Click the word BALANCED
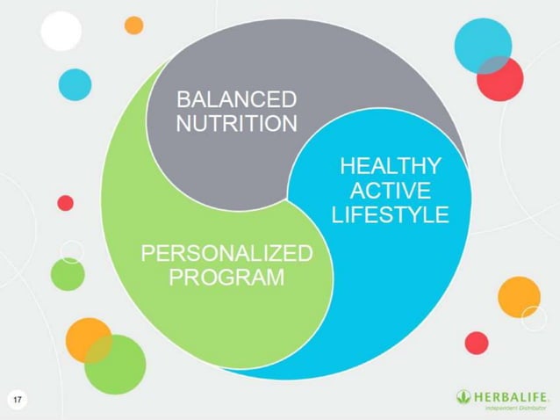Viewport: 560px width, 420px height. point(236,98)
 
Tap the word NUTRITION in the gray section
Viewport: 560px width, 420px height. point(236,123)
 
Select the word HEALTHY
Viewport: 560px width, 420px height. point(390,166)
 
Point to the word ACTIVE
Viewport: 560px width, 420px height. point(390,190)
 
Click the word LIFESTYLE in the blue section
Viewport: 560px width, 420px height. point(390,214)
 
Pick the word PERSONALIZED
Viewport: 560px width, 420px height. point(226,255)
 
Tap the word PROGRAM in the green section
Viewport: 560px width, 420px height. point(226,279)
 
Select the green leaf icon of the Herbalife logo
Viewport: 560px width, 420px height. point(463,396)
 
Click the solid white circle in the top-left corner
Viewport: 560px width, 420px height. point(61,32)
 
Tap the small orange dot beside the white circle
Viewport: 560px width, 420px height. point(133,25)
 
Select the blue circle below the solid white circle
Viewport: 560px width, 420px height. point(75,84)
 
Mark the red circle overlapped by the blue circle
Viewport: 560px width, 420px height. point(503,81)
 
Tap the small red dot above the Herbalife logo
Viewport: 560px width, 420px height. point(477,343)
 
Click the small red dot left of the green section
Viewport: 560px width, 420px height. point(65,203)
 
